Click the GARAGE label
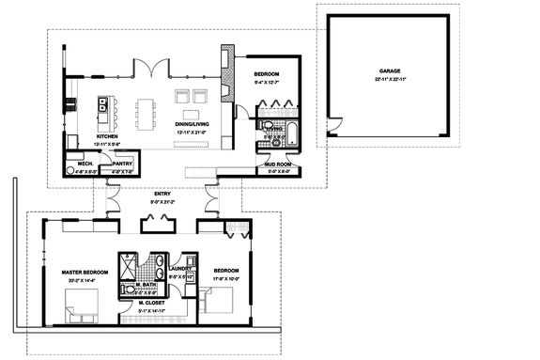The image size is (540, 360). [x=392, y=71]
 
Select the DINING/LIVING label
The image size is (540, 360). [x=192, y=123]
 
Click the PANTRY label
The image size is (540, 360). [x=123, y=163]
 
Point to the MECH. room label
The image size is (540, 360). [x=73, y=163]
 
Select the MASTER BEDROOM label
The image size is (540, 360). [x=85, y=272]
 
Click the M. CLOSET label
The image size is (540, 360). [x=151, y=303]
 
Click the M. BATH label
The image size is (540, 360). [x=146, y=286]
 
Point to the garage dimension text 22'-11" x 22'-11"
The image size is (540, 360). [x=392, y=81]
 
